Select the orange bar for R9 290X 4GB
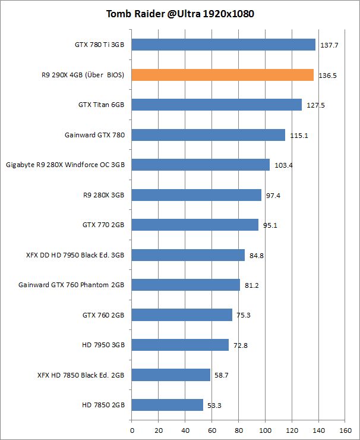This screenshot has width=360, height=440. pyautogui.click(x=222, y=75)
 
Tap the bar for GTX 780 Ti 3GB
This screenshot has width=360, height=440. pyautogui.click(x=223, y=45)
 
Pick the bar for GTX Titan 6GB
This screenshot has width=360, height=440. pyautogui.click(x=216, y=105)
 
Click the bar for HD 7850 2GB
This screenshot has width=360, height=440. pyautogui.click(x=167, y=405)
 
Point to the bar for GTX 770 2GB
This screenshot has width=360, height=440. pyautogui.click(x=195, y=225)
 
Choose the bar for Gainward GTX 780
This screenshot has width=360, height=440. pyautogui.click(x=208, y=135)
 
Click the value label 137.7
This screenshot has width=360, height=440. pyautogui.click(x=329, y=45)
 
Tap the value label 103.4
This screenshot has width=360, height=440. pyautogui.click(x=283, y=165)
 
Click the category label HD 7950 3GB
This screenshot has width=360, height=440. pyautogui.click(x=103, y=345)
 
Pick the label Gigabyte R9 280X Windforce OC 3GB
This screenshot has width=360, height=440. pyautogui.click(x=65, y=165)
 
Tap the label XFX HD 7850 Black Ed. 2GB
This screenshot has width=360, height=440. pyautogui.click(x=81, y=375)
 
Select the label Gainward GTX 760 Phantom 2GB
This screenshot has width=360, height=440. pyautogui.click(x=72, y=285)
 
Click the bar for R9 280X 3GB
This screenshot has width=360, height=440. pyautogui.click(x=196, y=195)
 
